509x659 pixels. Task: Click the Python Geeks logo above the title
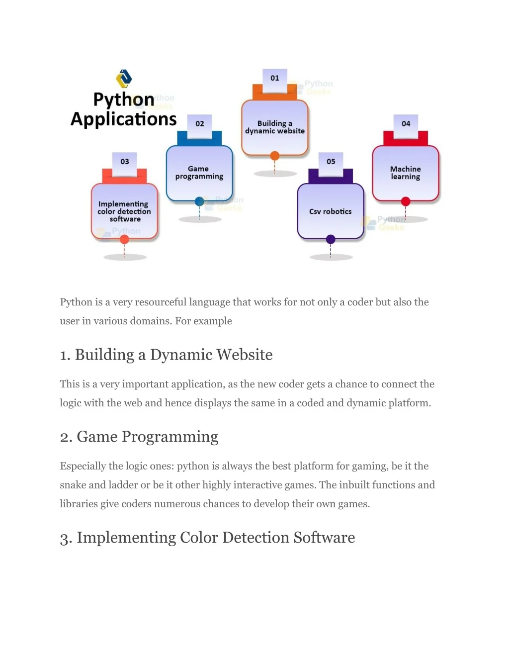point(124,79)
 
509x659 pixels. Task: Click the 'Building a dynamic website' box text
point(275,127)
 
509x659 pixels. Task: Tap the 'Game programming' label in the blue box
point(199,173)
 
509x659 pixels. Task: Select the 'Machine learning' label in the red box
point(406,173)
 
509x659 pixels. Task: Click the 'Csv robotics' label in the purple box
point(330,211)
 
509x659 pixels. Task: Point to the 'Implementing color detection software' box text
point(124,211)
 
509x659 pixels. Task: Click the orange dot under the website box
point(274,156)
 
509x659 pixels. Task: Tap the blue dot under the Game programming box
point(199,201)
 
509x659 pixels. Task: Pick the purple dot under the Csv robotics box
point(331,239)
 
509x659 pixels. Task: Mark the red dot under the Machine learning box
point(406,201)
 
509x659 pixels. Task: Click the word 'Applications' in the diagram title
point(124,119)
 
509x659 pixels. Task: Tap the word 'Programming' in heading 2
point(170,437)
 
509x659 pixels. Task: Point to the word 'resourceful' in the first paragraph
point(161,302)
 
